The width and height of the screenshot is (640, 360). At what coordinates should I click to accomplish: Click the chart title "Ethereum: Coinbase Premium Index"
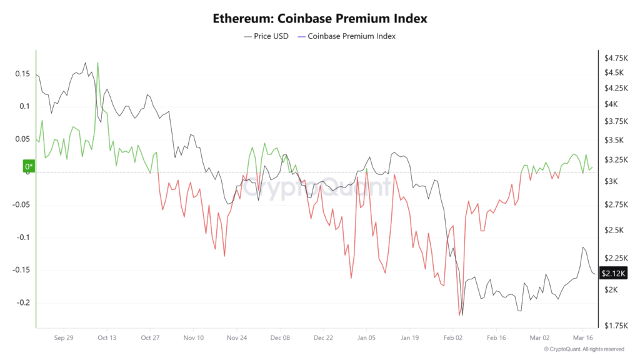tap(319, 19)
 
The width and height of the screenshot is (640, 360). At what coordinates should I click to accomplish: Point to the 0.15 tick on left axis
tap(22, 74)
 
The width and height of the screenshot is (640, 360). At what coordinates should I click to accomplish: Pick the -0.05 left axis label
tap(21, 204)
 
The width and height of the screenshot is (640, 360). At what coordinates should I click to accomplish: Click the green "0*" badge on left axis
tap(29, 166)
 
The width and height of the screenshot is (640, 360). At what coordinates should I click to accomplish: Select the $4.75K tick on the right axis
tap(614, 58)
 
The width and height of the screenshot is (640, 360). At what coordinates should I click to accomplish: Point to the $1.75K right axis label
tap(614, 326)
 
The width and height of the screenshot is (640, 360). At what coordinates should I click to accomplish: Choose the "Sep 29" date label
tap(64, 337)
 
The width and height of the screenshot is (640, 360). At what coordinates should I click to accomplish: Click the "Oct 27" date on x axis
tap(151, 337)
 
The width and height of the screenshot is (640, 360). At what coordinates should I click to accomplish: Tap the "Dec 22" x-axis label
tap(323, 337)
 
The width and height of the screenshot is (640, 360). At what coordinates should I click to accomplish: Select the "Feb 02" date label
tap(453, 337)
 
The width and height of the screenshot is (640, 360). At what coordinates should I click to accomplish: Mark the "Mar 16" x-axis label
tap(582, 337)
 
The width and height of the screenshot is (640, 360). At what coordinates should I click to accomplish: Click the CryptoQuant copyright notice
tap(584, 349)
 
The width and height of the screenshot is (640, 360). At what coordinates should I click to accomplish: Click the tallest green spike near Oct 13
tap(97, 62)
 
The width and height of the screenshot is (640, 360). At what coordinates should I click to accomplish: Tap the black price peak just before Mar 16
tap(582, 247)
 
